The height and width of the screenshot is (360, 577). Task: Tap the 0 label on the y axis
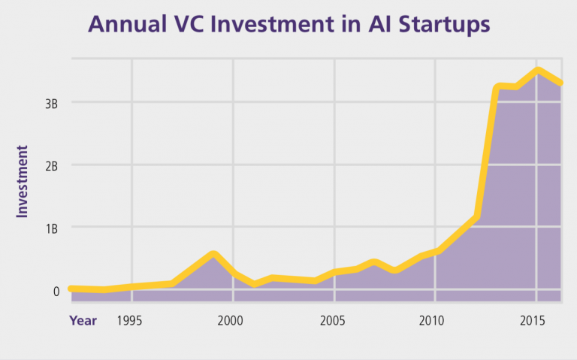[56, 291]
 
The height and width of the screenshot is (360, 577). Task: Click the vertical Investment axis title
[22, 182]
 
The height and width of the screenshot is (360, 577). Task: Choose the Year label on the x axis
[83, 321]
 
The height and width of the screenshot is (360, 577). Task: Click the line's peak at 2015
[536, 71]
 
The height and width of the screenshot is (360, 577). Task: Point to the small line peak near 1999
[213, 254]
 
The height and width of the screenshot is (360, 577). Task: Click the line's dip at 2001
[254, 284]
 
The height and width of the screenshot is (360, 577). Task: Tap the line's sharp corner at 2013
[497, 88]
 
